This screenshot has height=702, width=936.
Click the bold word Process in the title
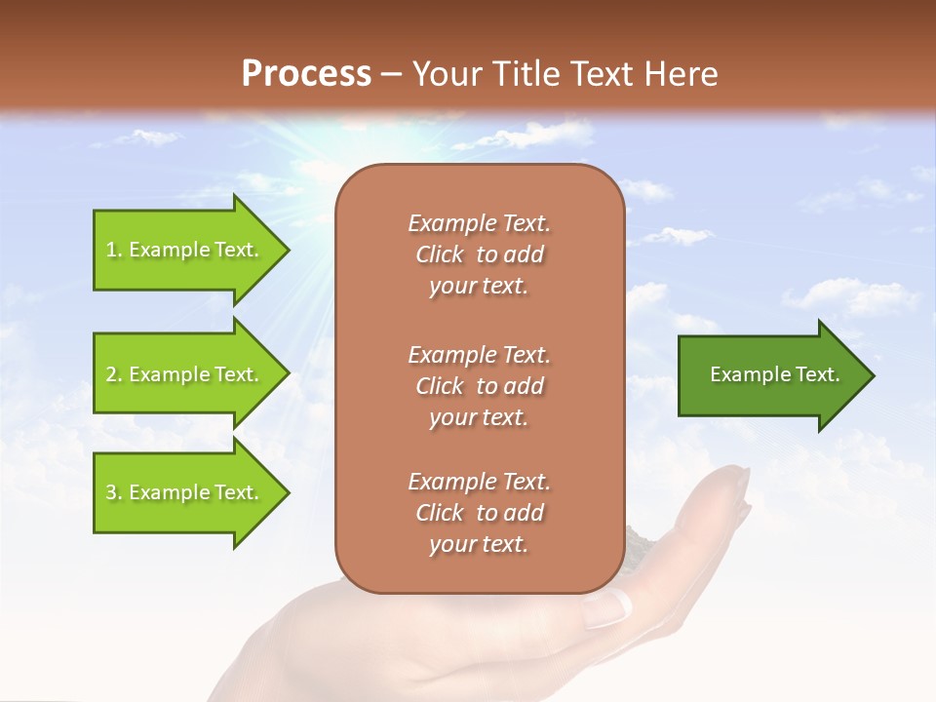tap(306, 74)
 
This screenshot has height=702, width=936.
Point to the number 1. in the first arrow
tap(114, 250)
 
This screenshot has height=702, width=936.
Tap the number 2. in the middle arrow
tap(114, 374)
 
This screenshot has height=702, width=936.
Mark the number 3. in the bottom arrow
tap(114, 492)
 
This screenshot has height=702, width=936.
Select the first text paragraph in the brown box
tap(479, 254)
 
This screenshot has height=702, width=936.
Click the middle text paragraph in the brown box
tap(479, 386)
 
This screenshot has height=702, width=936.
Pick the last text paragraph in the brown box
tap(479, 513)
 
